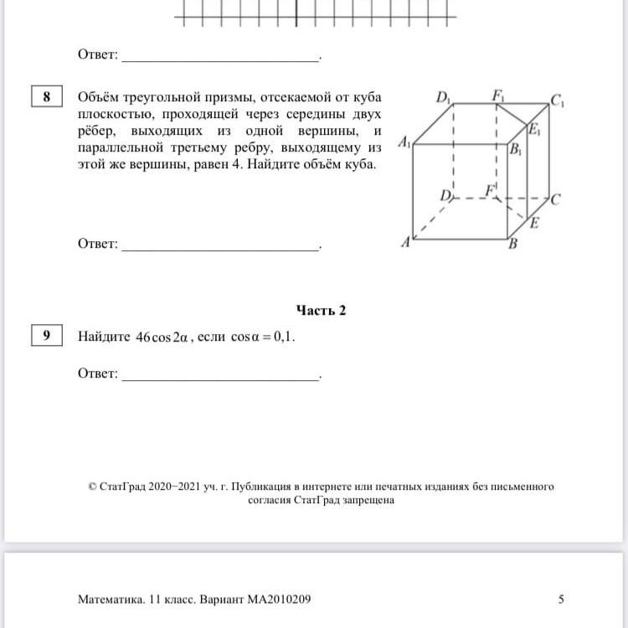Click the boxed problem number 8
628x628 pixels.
pos(47,97)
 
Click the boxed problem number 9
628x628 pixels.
pos(47,336)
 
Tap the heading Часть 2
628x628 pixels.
pos(321,310)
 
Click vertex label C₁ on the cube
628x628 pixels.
pos(558,102)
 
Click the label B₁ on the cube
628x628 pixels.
pos(517,152)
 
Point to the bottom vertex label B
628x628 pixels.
pos(513,245)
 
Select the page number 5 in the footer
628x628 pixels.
pos(561,599)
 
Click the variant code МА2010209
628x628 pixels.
pos(277,600)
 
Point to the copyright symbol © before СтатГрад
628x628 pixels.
pos(91,486)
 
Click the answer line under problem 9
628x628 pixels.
pos(221,378)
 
